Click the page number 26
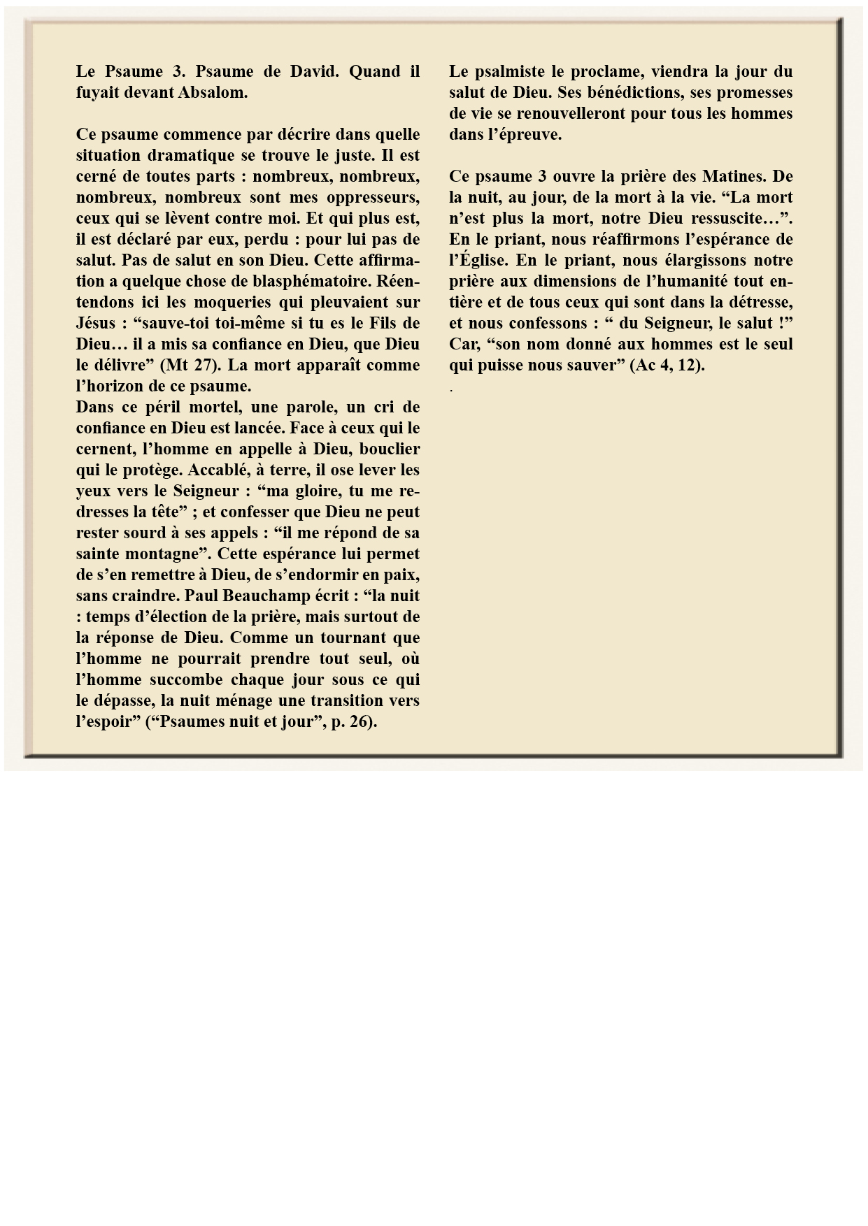tap(357, 721)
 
